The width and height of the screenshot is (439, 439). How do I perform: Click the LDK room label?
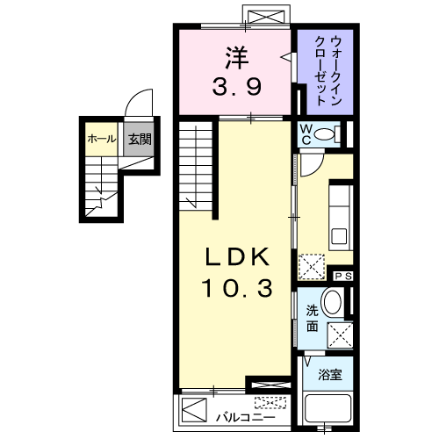(237, 256)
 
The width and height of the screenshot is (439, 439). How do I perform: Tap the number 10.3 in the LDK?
(237, 288)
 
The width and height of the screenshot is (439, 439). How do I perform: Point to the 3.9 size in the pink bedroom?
(236, 86)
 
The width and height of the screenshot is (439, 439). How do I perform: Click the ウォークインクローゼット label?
(327, 70)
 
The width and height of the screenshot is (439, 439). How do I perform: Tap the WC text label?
(306, 134)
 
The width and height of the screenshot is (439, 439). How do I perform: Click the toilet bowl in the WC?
(324, 134)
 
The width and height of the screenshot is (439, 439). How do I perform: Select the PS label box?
(343, 276)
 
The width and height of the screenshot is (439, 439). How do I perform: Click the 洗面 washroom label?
(313, 319)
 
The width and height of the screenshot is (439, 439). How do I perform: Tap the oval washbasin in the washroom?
(333, 303)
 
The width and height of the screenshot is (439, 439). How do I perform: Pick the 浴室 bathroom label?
(330, 375)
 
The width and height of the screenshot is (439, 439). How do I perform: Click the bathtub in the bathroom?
(327, 408)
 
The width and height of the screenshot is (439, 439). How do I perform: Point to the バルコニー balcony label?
(246, 417)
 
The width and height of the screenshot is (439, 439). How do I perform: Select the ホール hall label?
(102, 139)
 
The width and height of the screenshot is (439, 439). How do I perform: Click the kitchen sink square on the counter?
(340, 236)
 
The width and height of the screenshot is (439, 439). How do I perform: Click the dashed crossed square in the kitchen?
(312, 266)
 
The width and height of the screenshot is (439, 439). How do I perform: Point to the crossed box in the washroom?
(340, 335)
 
